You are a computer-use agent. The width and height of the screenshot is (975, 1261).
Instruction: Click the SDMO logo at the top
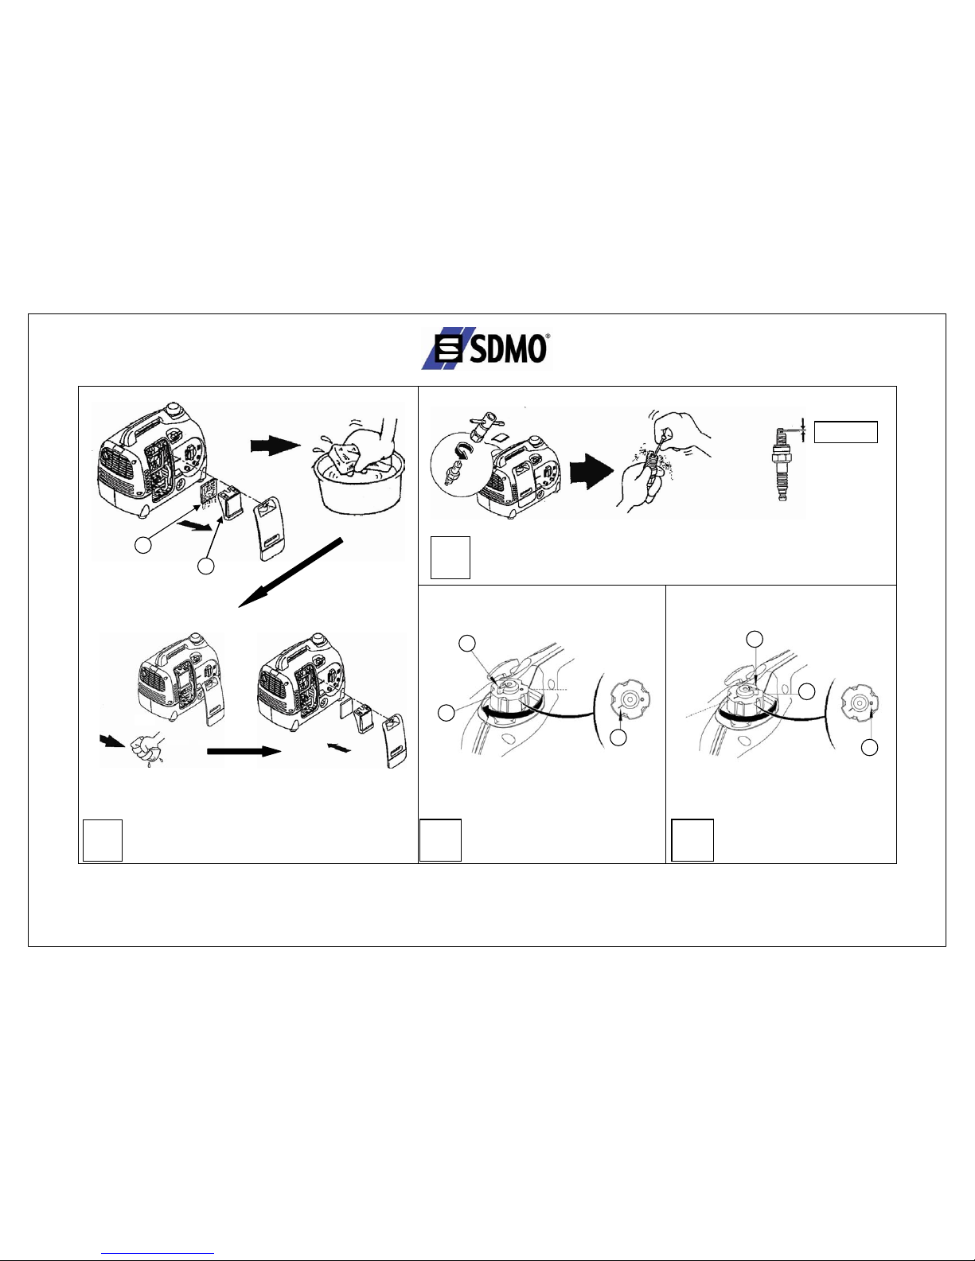[x=486, y=348]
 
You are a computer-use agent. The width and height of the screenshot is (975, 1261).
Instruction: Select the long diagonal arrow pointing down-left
[x=291, y=572]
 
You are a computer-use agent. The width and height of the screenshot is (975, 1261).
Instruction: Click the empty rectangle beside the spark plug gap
[x=845, y=432]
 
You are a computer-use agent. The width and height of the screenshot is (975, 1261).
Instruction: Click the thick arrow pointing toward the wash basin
[x=275, y=446]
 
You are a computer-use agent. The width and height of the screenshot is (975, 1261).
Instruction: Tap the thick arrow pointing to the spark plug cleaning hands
[x=591, y=471]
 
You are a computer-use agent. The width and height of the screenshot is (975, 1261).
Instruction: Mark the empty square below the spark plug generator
[x=450, y=558]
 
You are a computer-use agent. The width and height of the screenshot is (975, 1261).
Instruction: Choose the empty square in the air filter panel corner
[x=103, y=840]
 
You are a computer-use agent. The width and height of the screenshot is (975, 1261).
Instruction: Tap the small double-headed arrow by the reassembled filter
[x=339, y=748]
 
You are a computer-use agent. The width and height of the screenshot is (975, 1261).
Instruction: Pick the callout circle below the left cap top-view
[x=618, y=737]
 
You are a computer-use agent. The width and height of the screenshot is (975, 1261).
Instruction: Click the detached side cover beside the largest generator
[x=269, y=528]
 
